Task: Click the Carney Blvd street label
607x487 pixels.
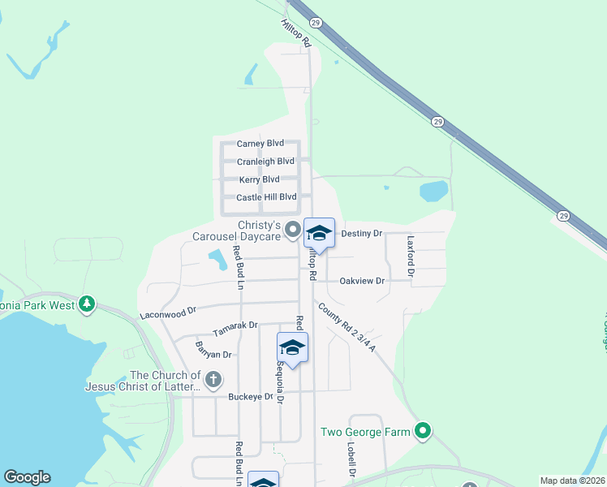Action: pyautogui.click(x=260, y=144)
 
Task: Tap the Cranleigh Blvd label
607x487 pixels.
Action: pyautogui.click(x=265, y=162)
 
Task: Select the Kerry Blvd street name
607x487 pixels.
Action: pyautogui.click(x=260, y=179)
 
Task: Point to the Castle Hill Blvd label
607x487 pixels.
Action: pyautogui.click(x=266, y=197)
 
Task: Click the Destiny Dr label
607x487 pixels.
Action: pyautogui.click(x=361, y=233)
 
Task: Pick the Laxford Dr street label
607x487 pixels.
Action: pyautogui.click(x=411, y=256)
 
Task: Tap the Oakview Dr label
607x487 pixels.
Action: pyautogui.click(x=362, y=281)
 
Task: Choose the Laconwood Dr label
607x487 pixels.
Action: pyautogui.click(x=168, y=311)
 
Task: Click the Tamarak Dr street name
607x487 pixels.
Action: pyautogui.click(x=235, y=329)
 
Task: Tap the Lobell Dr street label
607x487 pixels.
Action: pyautogui.click(x=352, y=459)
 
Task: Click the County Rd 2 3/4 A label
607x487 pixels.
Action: pyautogui.click(x=347, y=327)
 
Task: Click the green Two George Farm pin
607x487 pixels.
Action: pyautogui.click(x=422, y=431)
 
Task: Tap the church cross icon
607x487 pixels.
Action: pyautogui.click(x=213, y=379)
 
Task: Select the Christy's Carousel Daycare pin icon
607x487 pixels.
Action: pyautogui.click(x=296, y=231)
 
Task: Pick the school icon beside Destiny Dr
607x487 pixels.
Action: pyautogui.click(x=319, y=234)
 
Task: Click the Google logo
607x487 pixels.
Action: pyautogui.click(x=27, y=477)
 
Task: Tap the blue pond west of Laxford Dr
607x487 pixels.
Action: pyautogui.click(x=433, y=192)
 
